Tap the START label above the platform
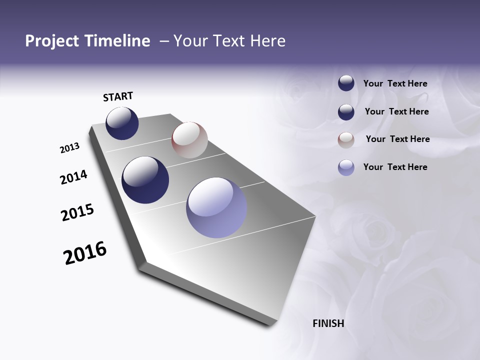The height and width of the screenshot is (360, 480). (118, 96)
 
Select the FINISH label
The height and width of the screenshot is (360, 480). (328, 323)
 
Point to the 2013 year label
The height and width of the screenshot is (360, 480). (70, 148)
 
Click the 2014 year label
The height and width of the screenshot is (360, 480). (74, 177)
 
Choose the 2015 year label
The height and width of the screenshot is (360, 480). (77, 212)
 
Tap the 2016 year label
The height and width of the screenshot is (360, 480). (85, 253)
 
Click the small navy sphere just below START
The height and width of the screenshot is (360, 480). (122, 123)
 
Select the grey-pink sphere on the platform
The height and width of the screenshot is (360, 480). (189, 140)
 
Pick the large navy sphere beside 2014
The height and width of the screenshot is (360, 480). (145, 180)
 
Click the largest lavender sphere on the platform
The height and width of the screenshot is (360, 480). (216, 207)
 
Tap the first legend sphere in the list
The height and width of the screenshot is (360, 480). (346, 83)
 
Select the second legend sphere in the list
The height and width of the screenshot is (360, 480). (346, 112)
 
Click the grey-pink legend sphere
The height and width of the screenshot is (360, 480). (346, 140)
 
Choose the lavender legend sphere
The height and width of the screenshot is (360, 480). (346, 167)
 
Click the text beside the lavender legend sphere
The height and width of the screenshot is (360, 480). (395, 167)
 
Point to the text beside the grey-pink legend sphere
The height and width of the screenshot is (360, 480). (397, 139)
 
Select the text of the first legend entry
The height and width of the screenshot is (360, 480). (395, 83)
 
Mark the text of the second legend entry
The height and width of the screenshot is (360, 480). (396, 111)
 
